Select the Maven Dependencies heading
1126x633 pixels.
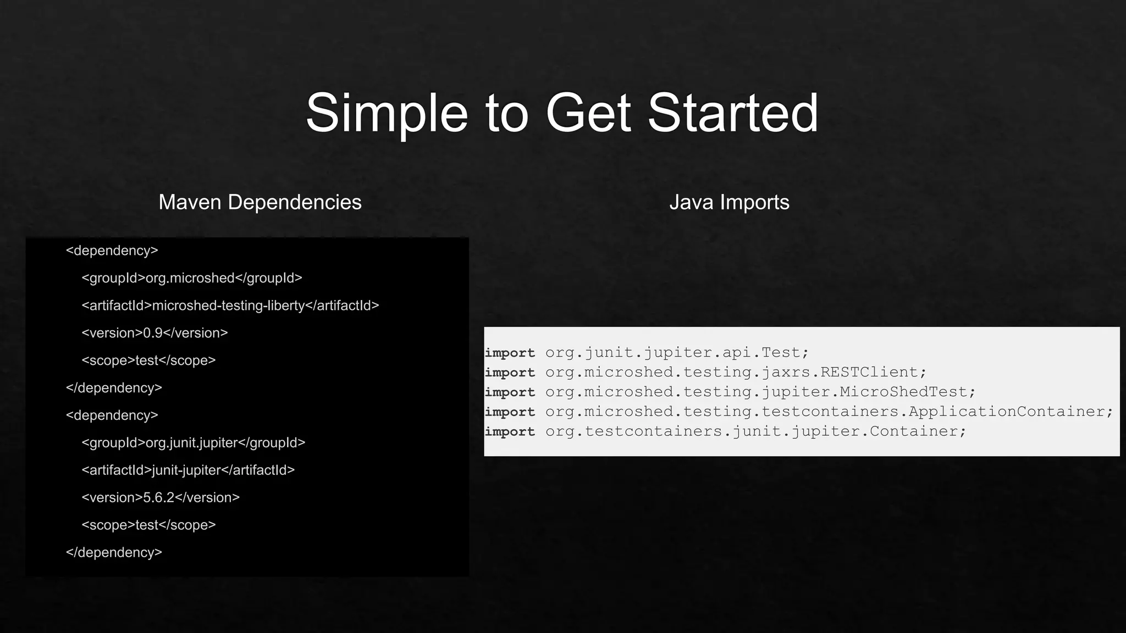click(x=260, y=202)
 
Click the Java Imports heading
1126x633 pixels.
click(x=729, y=202)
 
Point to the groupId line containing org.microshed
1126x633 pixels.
click(x=192, y=278)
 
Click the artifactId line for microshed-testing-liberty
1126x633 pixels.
click(x=230, y=306)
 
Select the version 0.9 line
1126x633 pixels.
click(x=154, y=333)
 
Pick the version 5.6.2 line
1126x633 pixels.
click(x=161, y=498)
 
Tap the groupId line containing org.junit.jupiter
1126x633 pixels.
click(x=193, y=443)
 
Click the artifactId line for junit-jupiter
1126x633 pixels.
click(x=188, y=470)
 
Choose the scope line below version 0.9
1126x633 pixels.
click(x=148, y=360)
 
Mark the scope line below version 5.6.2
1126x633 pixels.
click(x=148, y=525)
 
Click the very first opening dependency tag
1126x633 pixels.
click(x=112, y=251)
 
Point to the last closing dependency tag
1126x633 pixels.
click(x=114, y=553)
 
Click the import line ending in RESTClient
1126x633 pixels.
click(x=705, y=373)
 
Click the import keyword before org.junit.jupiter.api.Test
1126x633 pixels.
click(x=510, y=353)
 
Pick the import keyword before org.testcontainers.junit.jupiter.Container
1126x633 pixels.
click(x=510, y=432)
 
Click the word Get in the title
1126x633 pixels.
click(x=588, y=113)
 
